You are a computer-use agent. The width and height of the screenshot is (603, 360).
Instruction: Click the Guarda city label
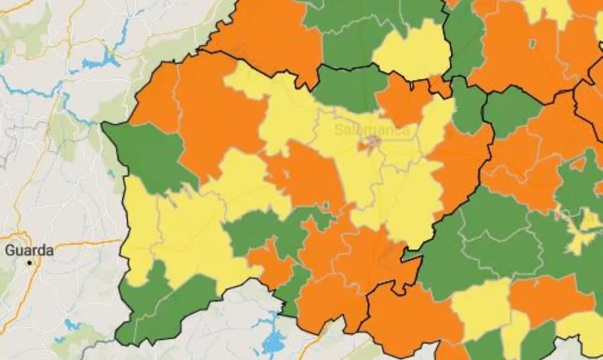(x=29, y=251)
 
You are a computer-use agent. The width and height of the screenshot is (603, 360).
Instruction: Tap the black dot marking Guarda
(x=29, y=263)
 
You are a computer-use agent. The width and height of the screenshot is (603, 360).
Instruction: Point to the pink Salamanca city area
(x=371, y=142)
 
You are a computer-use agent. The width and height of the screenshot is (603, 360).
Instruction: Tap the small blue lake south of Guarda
(x=71, y=326)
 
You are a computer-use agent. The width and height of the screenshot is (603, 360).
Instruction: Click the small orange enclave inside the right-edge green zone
(x=578, y=163)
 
